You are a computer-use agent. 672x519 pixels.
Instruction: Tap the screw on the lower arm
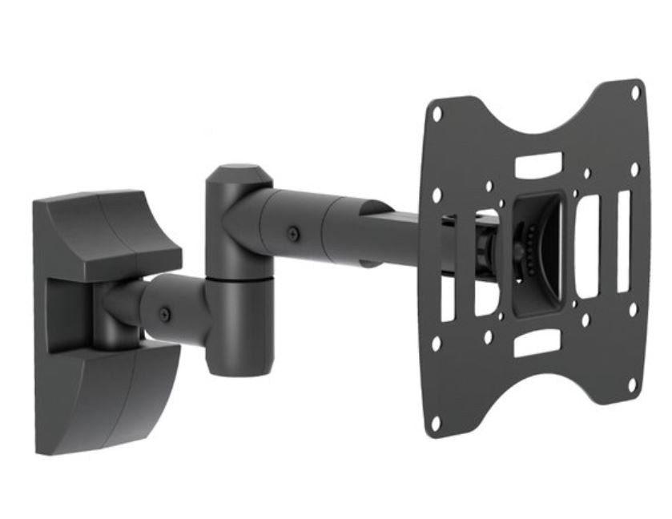coord(165,313)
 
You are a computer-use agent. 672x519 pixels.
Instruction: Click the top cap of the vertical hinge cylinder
coord(231,172)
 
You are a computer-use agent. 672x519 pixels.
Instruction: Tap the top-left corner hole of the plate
coord(437,114)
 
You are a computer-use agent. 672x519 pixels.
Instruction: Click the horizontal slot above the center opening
coord(537,166)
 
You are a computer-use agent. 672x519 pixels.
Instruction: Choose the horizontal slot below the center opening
coord(536,344)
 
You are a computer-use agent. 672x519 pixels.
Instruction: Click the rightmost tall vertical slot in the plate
coord(623,240)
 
